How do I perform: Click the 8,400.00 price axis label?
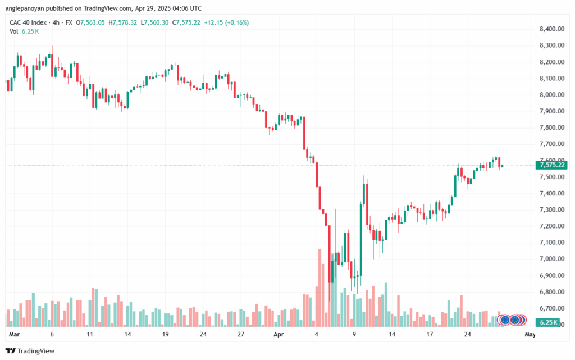(552, 29)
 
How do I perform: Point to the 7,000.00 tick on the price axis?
(552, 259)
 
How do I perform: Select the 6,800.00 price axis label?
(552, 292)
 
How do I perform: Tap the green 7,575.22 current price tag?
(551, 165)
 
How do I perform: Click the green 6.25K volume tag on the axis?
(548, 322)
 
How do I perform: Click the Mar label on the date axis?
(14, 334)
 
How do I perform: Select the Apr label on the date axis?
(279, 334)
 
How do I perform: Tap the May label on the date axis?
(530, 334)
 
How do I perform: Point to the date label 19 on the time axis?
(166, 334)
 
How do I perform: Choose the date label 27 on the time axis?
(240, 334)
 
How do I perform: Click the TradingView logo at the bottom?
(30, 351)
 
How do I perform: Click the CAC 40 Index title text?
(28, 22)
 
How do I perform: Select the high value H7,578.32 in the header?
(122, 22)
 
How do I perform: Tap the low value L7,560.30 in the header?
(154, 22)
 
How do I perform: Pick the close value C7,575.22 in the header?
(186, 22)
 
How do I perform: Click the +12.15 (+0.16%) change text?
(226, 22)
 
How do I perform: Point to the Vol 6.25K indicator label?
(24, 31)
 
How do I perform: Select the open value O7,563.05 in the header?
(90, 22)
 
